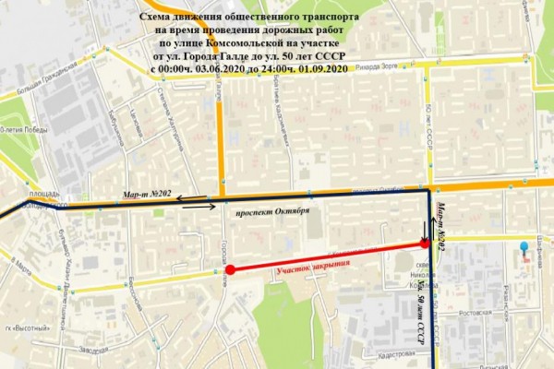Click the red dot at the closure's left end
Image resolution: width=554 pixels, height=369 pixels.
pos(230,270)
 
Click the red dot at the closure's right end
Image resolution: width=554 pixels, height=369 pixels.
pos(425,244)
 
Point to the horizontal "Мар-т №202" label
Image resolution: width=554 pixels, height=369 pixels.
pos(148,193)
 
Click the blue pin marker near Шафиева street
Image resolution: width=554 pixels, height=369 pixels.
pos(527,251)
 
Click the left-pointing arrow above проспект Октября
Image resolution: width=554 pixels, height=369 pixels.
pos(191,196)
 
